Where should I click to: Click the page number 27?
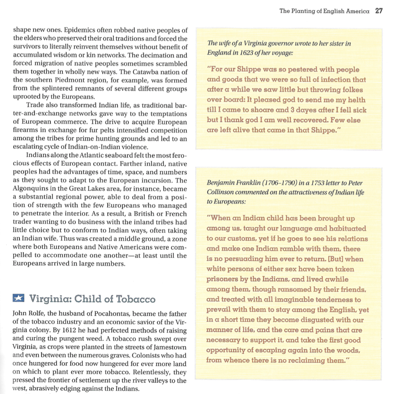click(378, 11)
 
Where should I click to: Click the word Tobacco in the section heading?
click(134, 299)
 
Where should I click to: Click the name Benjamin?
click(221, 183)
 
